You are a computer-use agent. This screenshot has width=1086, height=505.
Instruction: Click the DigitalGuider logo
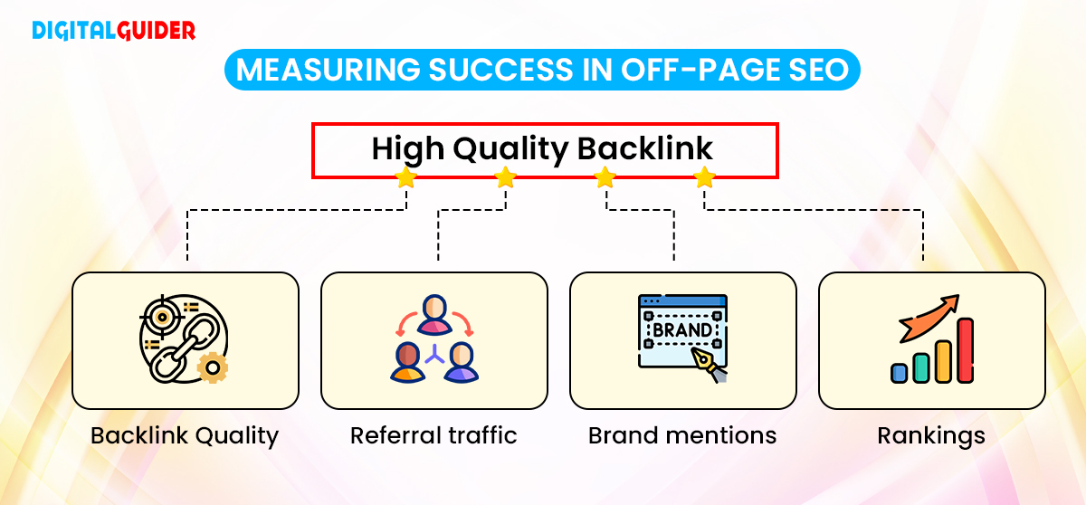[114, 30]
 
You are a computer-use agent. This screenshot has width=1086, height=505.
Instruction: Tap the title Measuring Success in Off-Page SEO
[542, 71]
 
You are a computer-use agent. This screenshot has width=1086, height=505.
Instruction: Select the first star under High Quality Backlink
[405, 177]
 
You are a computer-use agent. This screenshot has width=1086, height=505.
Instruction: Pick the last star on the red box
[704, 177]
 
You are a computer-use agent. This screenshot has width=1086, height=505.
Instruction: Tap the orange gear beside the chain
[214, 368]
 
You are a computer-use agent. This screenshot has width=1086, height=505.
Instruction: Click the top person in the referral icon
[434, 313]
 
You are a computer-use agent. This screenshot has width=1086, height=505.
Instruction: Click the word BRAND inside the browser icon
[681, 330]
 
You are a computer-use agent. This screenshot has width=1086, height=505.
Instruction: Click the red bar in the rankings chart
[965, 350]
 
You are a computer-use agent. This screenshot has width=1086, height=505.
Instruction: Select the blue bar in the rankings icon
[899, 373]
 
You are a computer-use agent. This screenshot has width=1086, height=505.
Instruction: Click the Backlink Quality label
[185, 435]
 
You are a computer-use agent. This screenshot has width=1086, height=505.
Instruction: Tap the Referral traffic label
[433, 435]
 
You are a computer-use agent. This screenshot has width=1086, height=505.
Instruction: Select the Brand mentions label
[682, 435]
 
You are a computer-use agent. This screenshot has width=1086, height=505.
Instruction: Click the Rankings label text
[931, 435]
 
